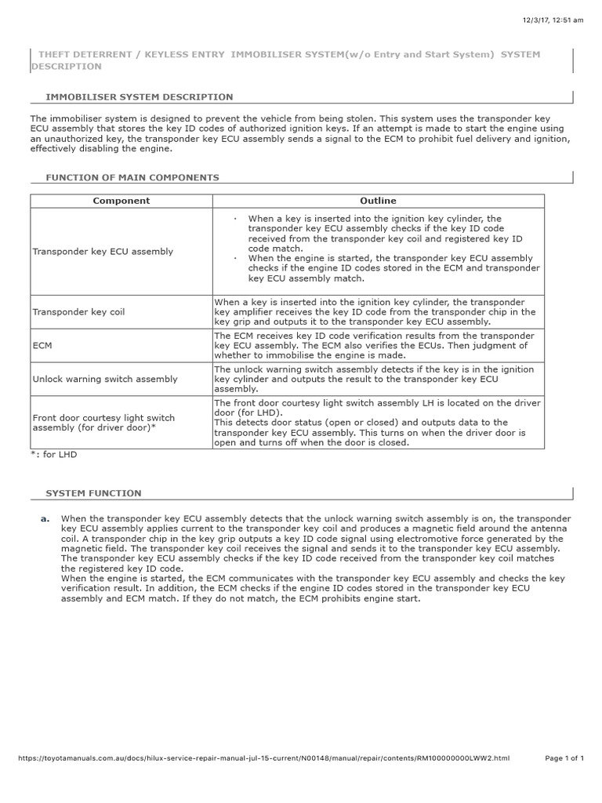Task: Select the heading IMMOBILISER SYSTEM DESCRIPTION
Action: tap(140, 97)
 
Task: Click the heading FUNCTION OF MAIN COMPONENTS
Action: tap(133, 178)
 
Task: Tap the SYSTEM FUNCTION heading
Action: tap(94, 493)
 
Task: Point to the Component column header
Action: tap(121, 201)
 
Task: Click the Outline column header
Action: tap(378, 201)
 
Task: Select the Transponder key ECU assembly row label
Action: tap(103, 252)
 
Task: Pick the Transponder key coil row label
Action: tap(78, 312)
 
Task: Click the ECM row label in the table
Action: tap(42, 345)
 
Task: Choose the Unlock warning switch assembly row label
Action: tap(105, 379)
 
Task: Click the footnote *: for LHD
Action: tap(55, 454)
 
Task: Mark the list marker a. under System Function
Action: tap(45, 519)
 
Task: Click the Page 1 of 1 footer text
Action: tap(564, 780)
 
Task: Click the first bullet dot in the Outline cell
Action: tap(236, 219)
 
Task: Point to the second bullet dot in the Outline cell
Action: tap(236, 258)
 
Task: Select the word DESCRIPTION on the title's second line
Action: tap(67, 67)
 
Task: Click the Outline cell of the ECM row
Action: tap(371, 345)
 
